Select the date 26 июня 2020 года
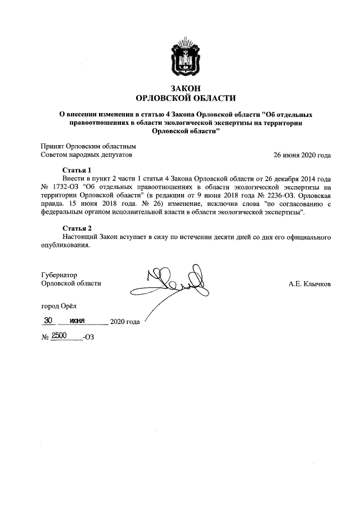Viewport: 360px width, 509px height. [302, 155]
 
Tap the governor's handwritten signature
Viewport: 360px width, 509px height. [174, 284]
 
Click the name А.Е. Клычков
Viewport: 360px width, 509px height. [309, 284]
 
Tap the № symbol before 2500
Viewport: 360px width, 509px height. [46, 337]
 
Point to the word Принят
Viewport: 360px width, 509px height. [53, 146]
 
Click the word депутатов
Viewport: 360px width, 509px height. [114, 155]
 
